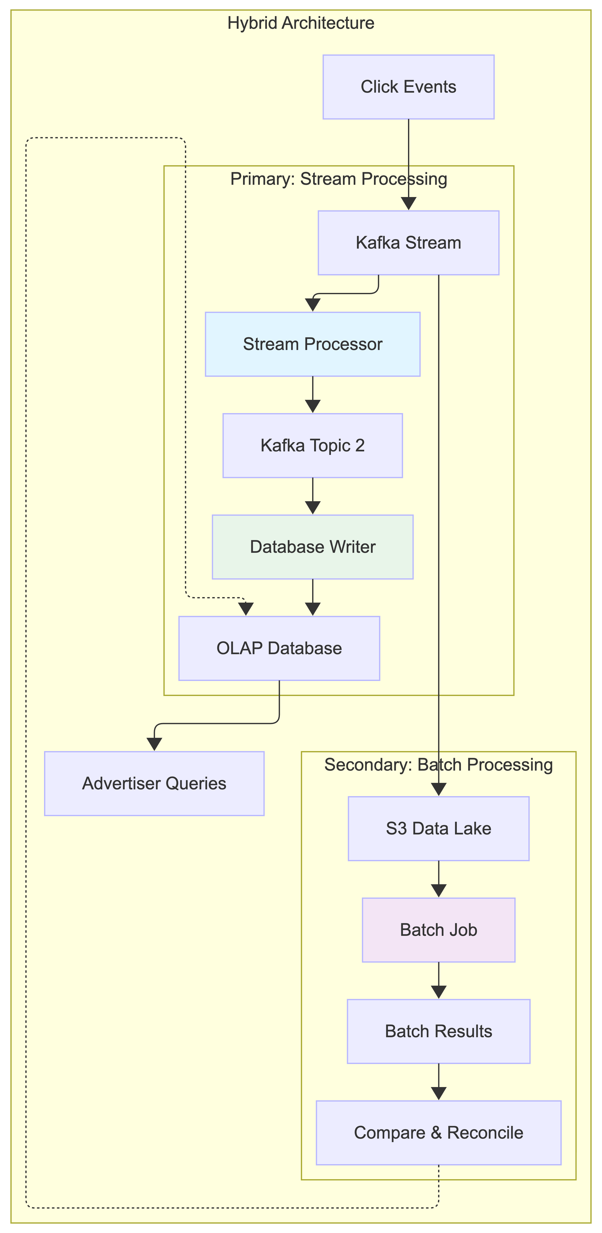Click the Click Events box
tap(408, 87)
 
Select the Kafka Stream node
tap(408, 243)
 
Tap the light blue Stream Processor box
tap(312, 344)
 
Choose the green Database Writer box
tap(312, 547)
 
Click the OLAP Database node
tap(279, 648)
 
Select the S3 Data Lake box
tap(438, 828)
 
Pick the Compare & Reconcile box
tap(438, 1133)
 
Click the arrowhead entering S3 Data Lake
tap(438, 790)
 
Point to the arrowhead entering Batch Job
tap(438, 891)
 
